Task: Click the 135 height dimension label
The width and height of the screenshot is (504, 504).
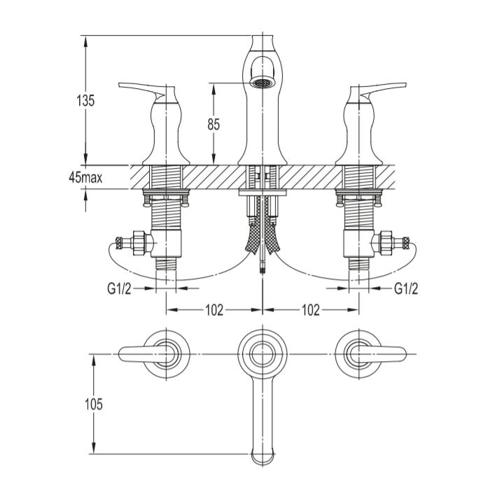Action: [85, 101]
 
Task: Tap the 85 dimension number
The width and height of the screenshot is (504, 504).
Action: [213, 125]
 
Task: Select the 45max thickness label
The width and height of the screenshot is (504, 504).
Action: [85, 177]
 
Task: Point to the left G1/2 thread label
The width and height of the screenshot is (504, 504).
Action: [119, 288]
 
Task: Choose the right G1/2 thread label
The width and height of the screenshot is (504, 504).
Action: [406, 288]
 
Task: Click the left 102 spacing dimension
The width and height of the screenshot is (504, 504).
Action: [214, 310]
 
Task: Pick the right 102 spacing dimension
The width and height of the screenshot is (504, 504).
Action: [311, 310]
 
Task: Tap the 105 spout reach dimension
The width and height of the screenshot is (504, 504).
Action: [94, 404]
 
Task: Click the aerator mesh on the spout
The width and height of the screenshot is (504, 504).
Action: [262, 83]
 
